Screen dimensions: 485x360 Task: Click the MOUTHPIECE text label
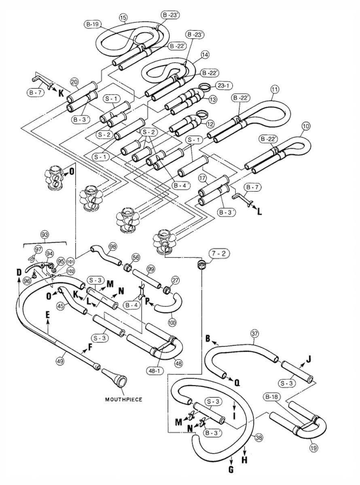[124, 399]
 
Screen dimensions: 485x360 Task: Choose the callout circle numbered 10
[306, 126]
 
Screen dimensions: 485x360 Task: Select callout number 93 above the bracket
[44, 234]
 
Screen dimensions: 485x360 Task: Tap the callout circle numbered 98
[112, 247]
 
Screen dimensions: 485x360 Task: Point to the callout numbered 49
[60, 361]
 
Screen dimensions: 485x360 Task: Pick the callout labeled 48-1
[154, 370]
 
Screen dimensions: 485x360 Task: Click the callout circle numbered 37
[254, 333]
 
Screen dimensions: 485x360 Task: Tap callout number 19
[313, 447]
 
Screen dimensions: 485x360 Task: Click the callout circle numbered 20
[74, 82]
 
